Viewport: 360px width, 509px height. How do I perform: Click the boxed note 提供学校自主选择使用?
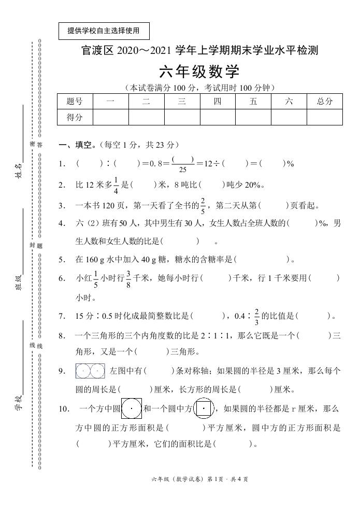click(104, 31)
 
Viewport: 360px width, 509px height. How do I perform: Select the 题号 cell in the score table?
click(75, 102)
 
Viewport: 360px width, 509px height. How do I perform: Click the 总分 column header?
click(325, 102)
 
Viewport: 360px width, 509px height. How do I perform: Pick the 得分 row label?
click(75, 118)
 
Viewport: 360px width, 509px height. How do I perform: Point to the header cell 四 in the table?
click(218, 102)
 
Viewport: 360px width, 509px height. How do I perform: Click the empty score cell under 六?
click(289, 118)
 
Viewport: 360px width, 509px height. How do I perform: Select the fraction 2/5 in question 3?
click(203, 205)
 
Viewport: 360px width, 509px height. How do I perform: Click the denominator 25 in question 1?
click(182, 169)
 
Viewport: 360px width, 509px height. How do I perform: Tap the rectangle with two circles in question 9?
click(90, 371)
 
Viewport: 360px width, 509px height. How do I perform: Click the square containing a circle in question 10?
click(132, 408)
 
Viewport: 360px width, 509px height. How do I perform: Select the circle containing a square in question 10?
click(204, 408)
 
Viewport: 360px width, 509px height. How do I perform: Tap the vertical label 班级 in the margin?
click(18, 285)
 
